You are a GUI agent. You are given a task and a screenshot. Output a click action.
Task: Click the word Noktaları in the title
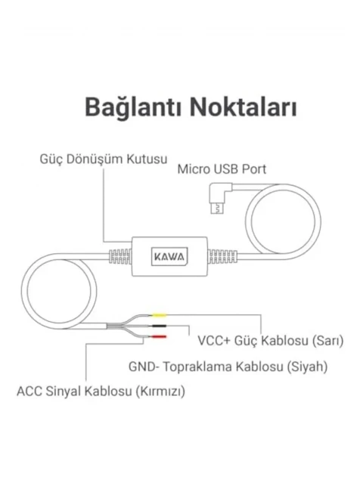[x=244, y=107]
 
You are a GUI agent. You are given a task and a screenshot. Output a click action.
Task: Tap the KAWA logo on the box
[x=169, y=256]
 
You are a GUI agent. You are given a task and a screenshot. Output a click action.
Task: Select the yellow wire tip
[x=160, y=314]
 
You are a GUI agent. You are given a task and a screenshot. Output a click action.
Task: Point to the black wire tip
[x=160, y=326]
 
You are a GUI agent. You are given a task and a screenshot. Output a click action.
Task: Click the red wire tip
[x=159, y=337]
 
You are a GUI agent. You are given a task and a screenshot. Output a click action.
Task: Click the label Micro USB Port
[x=222, y=169]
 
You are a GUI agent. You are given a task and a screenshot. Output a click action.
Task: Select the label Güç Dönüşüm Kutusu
[x=104, y=159]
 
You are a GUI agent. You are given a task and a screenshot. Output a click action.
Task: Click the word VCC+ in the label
[x=214, y=341]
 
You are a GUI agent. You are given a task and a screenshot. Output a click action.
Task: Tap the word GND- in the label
[x=144, y=367]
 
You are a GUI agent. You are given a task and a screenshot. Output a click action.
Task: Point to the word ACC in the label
[x=29, y=391]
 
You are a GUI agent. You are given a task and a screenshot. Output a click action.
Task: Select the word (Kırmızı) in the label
[x=160, y=391]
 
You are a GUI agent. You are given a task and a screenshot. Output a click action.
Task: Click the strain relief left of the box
[x=120, y=256]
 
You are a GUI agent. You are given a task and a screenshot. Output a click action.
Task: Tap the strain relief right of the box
[x=222, y=256]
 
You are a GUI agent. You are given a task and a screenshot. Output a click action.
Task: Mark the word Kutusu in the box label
[x=147, y=159]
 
